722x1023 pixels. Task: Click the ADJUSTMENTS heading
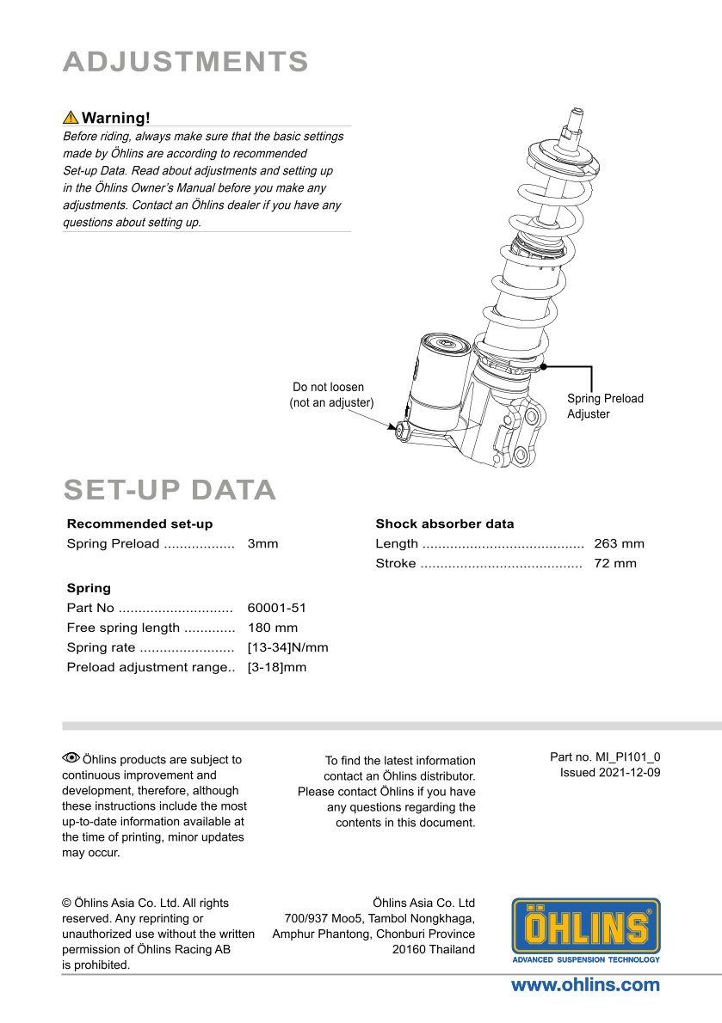(186, 62)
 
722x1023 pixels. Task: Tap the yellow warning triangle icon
(71, 118)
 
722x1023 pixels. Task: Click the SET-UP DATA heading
(170, 490)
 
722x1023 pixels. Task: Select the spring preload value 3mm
(262, 543)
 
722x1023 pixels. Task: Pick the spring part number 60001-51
(277, 608)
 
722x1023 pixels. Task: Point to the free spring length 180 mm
(273, 628)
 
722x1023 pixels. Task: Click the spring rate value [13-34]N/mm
(287, 647)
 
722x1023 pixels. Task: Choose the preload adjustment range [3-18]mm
(276, 667)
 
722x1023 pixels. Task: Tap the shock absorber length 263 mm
(619, 543)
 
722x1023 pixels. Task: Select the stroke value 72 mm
(615, 563)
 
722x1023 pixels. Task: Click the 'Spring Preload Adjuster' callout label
(605, 406)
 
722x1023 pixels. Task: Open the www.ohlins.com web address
(585, 985)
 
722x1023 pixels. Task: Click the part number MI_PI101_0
(628, 757)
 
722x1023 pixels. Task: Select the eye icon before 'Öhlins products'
(71, 758)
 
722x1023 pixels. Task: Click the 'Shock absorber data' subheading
(444, 524)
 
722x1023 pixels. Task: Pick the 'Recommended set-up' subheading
(139, 524)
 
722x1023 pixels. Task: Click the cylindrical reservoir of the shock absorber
(439, 378)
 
